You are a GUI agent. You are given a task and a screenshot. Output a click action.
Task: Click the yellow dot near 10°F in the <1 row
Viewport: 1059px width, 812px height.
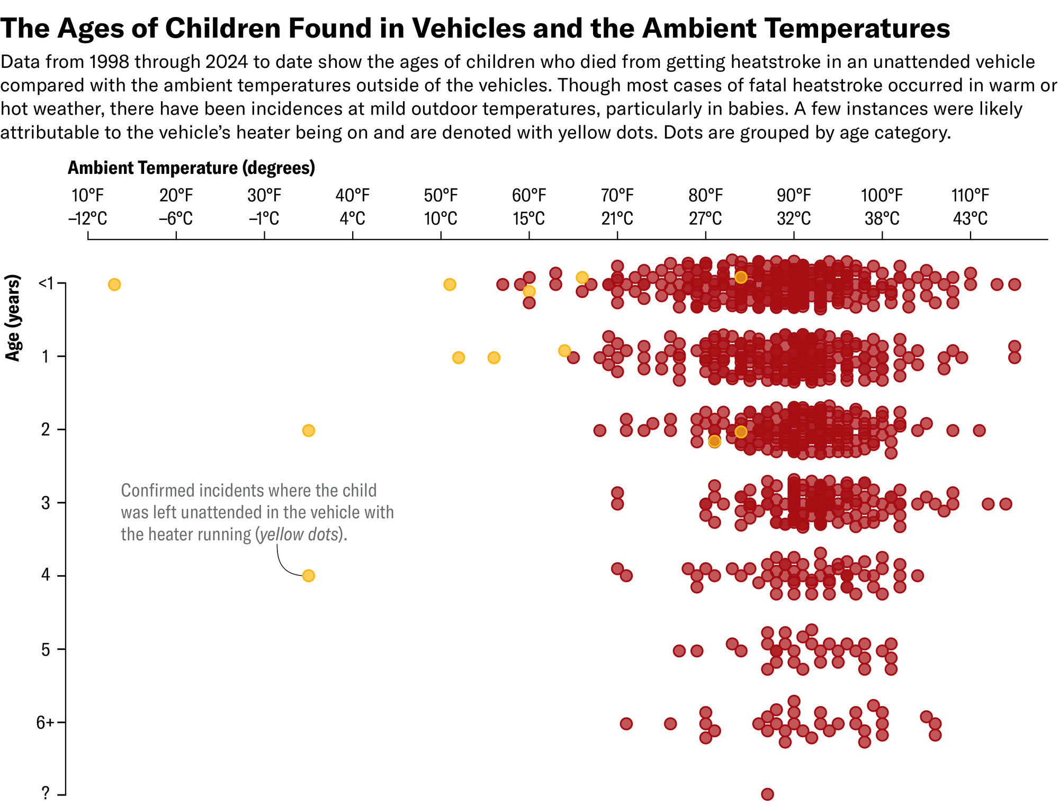point(114,285)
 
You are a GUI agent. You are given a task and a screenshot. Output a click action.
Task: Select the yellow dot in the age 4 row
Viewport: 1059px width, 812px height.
point(308,576)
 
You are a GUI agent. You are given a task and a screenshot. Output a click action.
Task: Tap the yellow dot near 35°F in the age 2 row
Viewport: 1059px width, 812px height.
point(308,430)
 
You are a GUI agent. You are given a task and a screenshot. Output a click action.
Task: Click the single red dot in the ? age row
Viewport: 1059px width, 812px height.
point(767,794)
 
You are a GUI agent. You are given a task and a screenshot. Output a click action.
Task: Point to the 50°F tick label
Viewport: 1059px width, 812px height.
point(441,196)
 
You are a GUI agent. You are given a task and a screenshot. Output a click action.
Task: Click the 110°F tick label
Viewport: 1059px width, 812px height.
point(970,196)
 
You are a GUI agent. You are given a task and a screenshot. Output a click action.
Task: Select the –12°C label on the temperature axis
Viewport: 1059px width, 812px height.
point(87,218)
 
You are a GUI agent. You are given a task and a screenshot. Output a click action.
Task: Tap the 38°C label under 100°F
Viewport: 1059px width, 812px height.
point(882,218)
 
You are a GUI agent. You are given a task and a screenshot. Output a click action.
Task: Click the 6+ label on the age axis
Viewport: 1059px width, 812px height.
point(45,722)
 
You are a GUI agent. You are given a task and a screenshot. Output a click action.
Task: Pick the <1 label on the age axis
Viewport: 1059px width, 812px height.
point(46,284)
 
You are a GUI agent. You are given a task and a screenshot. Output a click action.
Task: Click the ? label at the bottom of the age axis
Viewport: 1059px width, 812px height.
point(46,793)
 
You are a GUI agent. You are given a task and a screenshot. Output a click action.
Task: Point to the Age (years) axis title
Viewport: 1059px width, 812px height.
point(13,317)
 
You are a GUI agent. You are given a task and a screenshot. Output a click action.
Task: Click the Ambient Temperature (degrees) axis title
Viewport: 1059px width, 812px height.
point(191,168)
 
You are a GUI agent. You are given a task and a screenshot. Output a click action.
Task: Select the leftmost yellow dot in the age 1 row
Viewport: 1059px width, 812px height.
point(459,358)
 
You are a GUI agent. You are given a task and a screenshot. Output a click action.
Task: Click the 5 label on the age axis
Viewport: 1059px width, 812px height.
point(46,649)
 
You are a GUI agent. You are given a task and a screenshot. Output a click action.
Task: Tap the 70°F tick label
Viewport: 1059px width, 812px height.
point(617,196)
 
